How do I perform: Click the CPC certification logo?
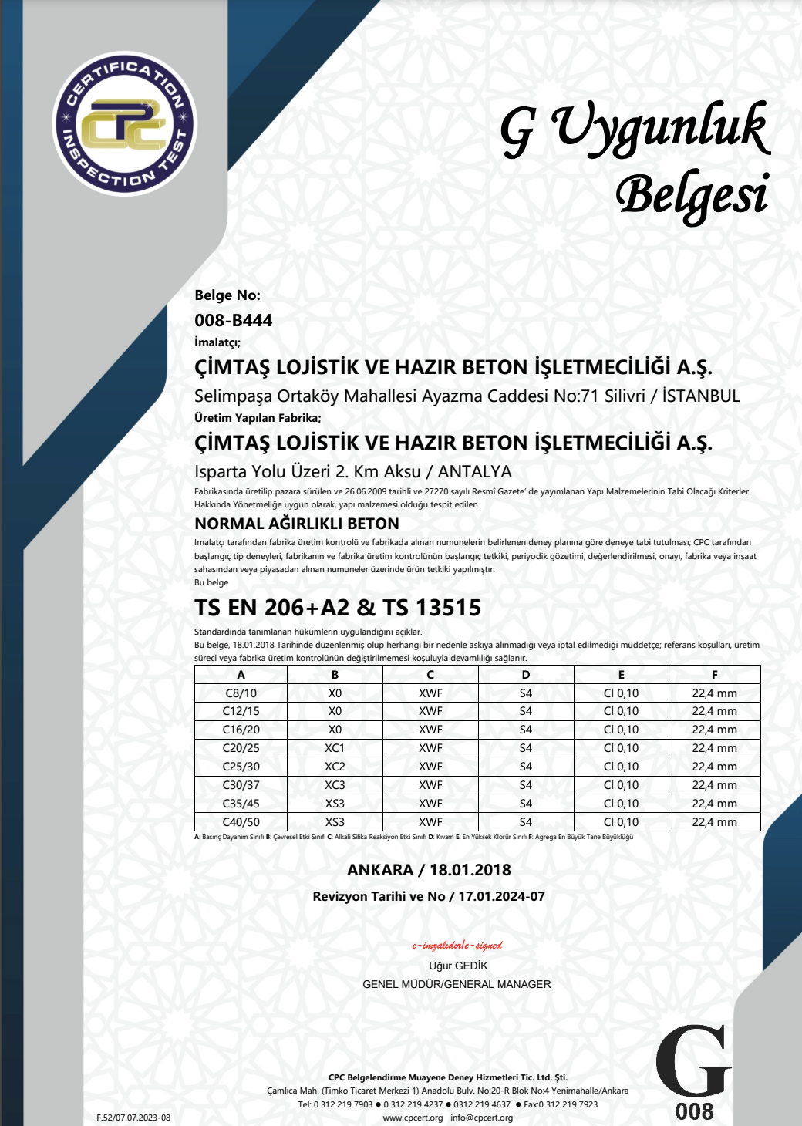pos(125,123)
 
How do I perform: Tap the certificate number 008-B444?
pos(233,320)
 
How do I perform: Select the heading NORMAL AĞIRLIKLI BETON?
pos(297,524)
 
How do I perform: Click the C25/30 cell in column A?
pos(241,767)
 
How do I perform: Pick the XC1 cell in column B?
pos(335,748)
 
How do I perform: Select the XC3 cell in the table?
pos(335,785)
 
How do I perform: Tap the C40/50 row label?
pos(241,822)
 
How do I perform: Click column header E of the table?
pos(621,675)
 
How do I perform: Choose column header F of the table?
pos(714,675)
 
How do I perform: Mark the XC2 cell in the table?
pos(335,767)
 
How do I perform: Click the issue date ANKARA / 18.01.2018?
pos(429,870)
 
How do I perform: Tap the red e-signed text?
pos(457,946)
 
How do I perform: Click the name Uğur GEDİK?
pos(458,966)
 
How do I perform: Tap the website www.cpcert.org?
pos(413,1118)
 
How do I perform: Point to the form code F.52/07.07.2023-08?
pos(133,1118)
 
